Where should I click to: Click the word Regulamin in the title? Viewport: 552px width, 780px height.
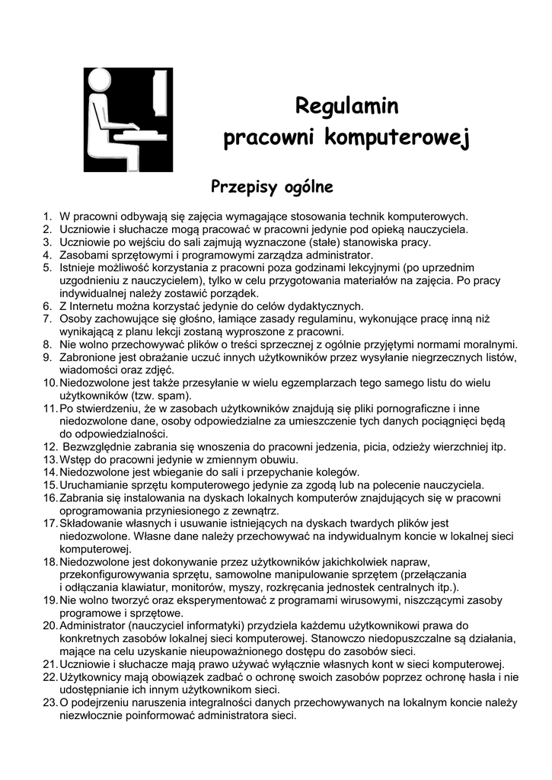tap(347, 104)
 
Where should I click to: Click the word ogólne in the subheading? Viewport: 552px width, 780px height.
tap(308, 187)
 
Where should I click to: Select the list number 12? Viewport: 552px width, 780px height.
tap(49, 447)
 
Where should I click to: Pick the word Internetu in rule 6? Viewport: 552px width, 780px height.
tap(98, 305)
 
